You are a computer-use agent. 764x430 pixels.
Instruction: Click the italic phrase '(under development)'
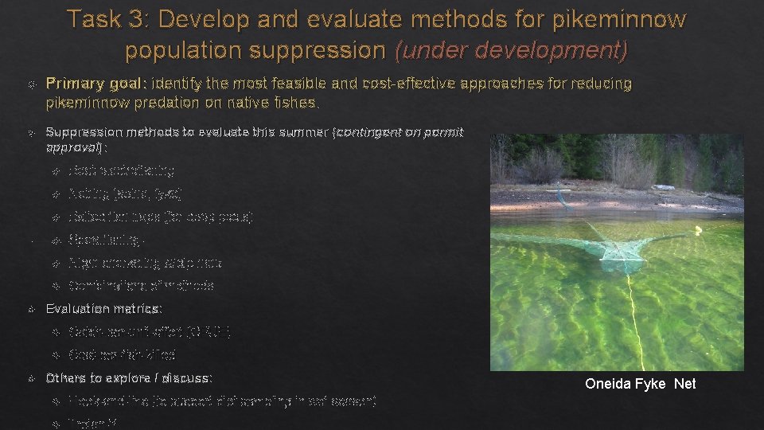(511, 50)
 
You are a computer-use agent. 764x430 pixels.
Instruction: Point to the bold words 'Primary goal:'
(95, 84)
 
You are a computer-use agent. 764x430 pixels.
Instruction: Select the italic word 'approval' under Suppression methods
(72, 147)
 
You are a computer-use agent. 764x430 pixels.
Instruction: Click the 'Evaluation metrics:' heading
(103, 308)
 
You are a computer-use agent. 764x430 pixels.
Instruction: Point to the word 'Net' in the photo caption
(685, 384)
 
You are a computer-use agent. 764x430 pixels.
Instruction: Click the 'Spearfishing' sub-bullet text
(107, 240)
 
